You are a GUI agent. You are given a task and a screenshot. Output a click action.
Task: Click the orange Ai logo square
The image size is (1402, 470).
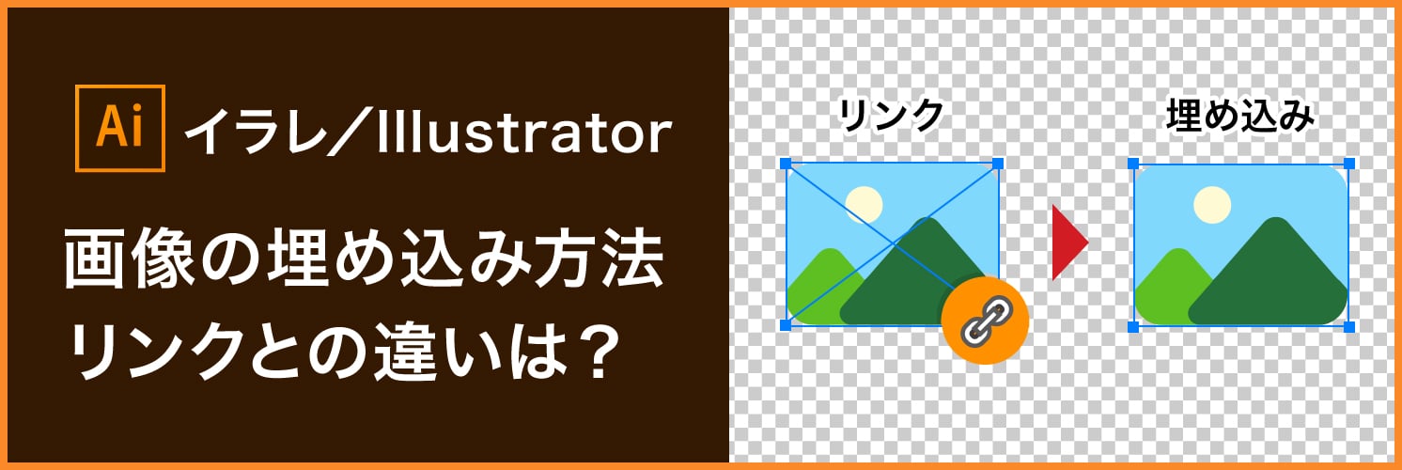[x=118, y=129]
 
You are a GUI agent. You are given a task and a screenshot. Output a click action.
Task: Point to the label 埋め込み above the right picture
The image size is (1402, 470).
[x=1239, y=116]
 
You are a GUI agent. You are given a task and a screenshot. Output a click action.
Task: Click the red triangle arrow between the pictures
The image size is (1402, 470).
[x=1068, y=243]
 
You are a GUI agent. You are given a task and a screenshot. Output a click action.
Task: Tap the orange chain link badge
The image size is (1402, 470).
[x=985, y=322]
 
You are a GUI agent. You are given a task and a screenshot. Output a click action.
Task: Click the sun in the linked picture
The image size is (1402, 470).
[x=864, y=205]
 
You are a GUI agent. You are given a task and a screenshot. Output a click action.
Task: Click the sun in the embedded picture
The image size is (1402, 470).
[x=1211, y=205]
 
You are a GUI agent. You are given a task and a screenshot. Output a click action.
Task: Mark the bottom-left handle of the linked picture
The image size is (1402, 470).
[x=787, y=325]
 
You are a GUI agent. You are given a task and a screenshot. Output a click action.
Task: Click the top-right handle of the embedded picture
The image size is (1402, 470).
[x=1349, y=164]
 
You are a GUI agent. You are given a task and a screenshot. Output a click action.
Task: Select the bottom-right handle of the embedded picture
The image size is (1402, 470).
[x=1349, y=326]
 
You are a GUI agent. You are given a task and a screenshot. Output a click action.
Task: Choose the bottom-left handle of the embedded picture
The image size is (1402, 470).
[x=1133, y=326]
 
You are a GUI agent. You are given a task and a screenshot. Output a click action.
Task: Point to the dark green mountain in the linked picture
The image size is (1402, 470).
[x=916, y=282]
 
